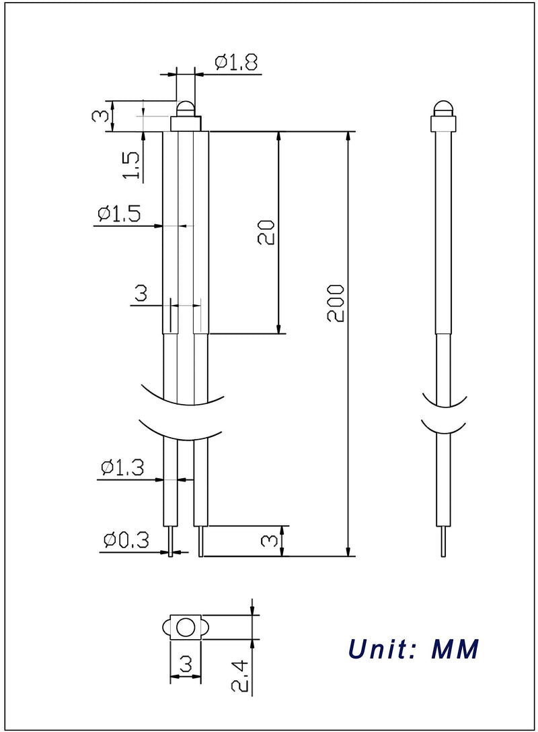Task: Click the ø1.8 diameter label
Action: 236,62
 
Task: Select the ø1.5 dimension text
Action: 119,213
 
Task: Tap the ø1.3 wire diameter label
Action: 122,467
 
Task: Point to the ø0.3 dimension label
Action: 126,540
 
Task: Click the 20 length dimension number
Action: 266,232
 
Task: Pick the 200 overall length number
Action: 336,303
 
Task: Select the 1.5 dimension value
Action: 131,165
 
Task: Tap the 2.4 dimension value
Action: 241,676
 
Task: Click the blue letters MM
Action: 455,648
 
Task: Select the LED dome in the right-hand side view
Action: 443,108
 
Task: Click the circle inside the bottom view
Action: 186,628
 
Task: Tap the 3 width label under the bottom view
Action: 186,663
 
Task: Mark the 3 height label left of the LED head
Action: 100,116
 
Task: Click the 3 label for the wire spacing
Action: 141,293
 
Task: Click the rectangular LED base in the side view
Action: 443,124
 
